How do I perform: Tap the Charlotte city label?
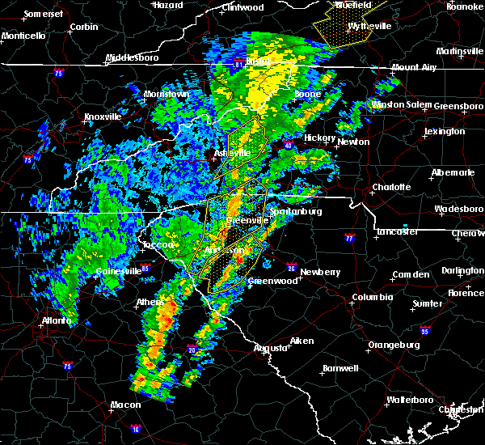tap(391, 187)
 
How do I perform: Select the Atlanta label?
tap(55, 320)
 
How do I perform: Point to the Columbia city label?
tap(373, 297)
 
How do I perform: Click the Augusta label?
tap(271, 348)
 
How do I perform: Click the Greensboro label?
tap(459, 106)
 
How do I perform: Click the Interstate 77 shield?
tap(349, 239)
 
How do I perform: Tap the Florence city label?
tap(465, 292)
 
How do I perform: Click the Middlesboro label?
tap(133, 58)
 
